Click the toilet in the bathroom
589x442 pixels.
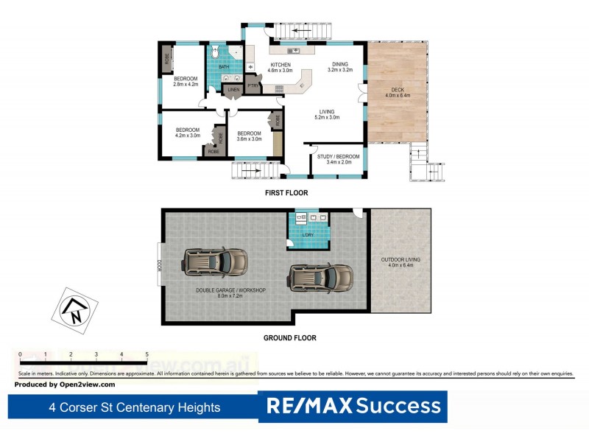[214, 52]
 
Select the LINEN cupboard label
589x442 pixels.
[233, 91]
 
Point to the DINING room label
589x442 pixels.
[339, 64]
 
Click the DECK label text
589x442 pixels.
[397, 89]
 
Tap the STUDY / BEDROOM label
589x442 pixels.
[339, 156]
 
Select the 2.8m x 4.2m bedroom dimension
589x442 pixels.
[186, 85]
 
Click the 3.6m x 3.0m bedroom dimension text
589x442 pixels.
[250, 138]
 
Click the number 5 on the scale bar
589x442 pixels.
[147, 354]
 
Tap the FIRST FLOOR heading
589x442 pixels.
[286, 193]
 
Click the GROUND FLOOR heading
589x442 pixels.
[290, 338]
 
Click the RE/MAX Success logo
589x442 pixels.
[353, 406]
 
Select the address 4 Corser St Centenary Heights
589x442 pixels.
[134, 407]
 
